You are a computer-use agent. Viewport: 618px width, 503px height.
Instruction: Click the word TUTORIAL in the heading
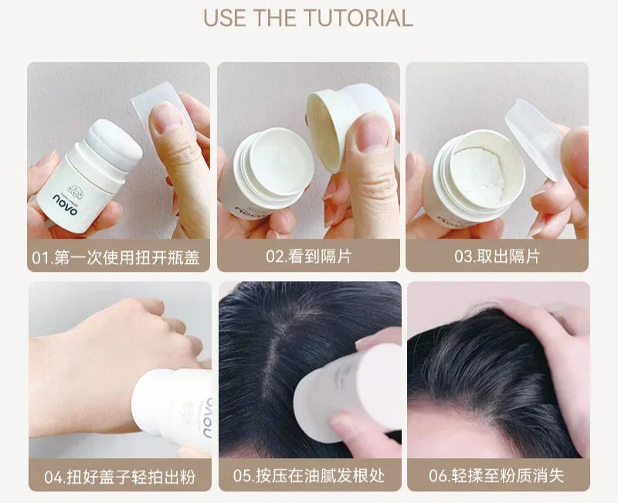(x=358, y=18)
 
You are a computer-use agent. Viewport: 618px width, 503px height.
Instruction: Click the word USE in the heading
(x=226, y=18)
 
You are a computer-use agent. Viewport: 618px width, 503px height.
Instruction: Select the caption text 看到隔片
(x=320, y=257)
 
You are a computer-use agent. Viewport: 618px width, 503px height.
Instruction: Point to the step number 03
(x=463, y=257)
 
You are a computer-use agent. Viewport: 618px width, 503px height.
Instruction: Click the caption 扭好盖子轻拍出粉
(x=131, y=477)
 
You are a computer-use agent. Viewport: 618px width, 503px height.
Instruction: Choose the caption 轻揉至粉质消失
(x=508, y=476)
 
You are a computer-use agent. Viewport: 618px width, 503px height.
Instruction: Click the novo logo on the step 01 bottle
(x=66, y=205)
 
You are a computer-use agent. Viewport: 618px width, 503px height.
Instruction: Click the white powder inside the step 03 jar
(x=479, y=173)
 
